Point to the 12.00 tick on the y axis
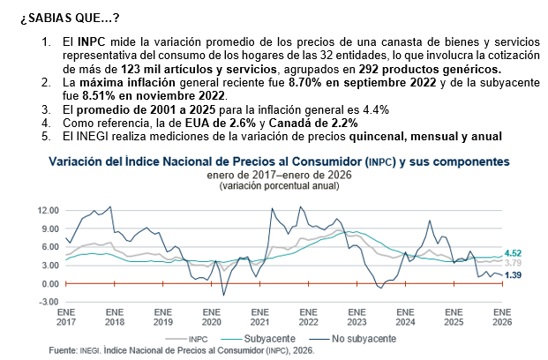(x=49, y=210)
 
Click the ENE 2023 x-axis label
(x=357, y=317)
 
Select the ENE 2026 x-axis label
(x=502, y=317)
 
